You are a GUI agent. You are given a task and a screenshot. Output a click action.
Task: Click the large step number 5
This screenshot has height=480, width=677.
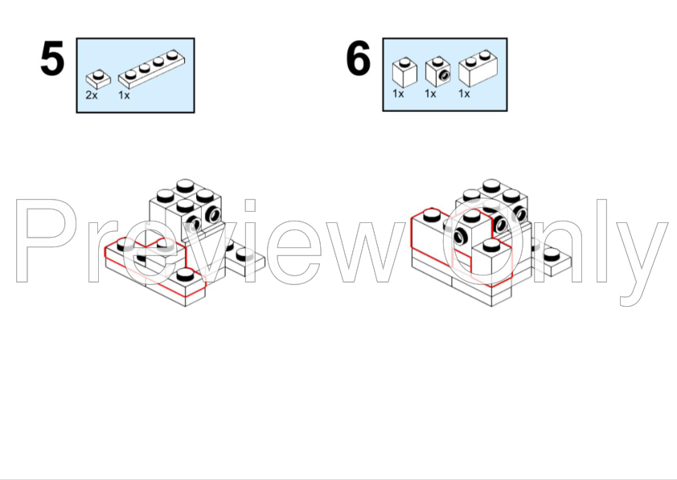tap(52, 58)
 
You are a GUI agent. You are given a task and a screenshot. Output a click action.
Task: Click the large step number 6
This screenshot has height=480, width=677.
tap(359, 58)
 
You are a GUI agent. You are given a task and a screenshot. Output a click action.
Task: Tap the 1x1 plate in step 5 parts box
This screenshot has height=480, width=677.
tap(98, 79)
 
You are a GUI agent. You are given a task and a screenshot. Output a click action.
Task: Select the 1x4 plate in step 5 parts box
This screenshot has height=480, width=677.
tap(152, 68)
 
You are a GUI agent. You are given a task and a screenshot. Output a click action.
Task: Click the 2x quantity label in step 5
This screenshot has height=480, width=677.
tap(92, 95)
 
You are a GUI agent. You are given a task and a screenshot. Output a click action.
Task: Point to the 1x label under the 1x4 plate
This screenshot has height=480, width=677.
tap(124, 95)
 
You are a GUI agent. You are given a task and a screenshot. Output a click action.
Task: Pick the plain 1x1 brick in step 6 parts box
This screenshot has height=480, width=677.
tap(404, 72)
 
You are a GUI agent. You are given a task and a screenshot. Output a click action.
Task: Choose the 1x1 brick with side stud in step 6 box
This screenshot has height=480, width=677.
tap(438, 72)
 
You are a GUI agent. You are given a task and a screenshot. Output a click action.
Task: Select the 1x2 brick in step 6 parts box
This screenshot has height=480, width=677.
tap(478, 68)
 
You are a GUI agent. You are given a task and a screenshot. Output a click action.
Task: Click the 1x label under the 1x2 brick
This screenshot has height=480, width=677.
tap(464, 93)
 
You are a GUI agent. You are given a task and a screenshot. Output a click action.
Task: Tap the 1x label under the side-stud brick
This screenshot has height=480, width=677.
tap(430, 93)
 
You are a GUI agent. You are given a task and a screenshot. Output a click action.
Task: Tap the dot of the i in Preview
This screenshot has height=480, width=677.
tap(250, 205)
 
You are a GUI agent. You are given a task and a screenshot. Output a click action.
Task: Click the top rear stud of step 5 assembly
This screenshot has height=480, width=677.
tap(185, 185)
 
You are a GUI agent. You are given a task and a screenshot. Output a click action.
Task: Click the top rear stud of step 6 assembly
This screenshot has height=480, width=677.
tap(491, 185)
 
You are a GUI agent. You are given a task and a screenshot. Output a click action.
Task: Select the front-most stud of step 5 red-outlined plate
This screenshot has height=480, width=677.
tap(185, 274)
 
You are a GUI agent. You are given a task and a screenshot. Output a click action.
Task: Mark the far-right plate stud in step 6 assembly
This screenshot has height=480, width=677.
tap(552, 255)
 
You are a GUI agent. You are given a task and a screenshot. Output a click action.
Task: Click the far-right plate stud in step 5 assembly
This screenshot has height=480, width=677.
tap(244, 254)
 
